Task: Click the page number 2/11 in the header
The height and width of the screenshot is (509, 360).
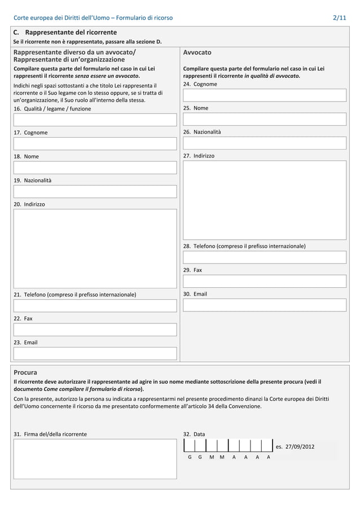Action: point(340,18)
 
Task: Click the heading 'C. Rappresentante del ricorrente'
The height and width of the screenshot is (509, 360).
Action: point(65,32)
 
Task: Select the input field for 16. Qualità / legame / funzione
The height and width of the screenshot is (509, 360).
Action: point(95,120)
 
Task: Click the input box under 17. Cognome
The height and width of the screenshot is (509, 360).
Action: point(95,143)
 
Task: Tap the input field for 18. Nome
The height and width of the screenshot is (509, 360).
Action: point(95,167)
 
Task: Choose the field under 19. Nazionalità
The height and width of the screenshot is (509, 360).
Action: point(95,191)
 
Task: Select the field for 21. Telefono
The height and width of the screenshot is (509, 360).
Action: point(95,306)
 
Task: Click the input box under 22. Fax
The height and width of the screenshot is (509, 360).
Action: point(95,330)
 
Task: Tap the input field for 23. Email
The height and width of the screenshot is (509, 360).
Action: point(95,353)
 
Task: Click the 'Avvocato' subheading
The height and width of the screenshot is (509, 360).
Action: point(197,52)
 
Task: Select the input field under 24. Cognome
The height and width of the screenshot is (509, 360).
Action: point(264,95)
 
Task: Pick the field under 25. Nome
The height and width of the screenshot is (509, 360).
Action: point(264,119)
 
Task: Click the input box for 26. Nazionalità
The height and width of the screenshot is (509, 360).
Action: point(264,143)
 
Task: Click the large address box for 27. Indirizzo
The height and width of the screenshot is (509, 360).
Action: point(264,200)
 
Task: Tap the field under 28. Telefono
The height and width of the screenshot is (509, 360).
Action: point(264,257)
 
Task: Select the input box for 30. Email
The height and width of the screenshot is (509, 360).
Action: point(264,305)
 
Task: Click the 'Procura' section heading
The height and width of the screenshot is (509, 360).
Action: point(25,372)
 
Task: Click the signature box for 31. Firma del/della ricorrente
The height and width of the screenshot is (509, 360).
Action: point(95,458)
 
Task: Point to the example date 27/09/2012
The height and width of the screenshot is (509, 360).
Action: point(295,447)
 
